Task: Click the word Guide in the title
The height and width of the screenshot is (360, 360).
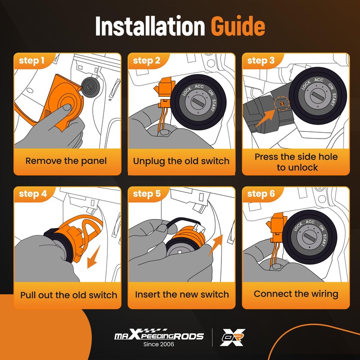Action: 238,26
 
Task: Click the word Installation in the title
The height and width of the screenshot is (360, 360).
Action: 150,26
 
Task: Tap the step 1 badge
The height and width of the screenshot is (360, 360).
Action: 31,61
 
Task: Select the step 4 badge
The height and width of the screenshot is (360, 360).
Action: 33,194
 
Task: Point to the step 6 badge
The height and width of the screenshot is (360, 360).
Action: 261,194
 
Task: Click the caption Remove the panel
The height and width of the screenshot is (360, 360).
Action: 66,161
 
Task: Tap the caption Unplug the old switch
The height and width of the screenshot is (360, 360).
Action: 181,161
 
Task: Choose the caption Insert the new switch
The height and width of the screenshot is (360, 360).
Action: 182,294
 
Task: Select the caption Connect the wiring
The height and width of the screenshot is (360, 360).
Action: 296,294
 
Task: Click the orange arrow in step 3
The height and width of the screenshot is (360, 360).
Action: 265,118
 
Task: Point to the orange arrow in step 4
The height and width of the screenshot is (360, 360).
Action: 94,256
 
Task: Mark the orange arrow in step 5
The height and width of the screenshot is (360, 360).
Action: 216,245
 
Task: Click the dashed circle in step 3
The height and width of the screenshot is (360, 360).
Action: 282,103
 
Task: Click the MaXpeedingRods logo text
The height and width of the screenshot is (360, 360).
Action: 159,335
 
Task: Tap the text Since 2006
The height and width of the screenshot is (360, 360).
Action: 159,344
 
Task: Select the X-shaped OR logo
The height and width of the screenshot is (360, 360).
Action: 232,337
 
